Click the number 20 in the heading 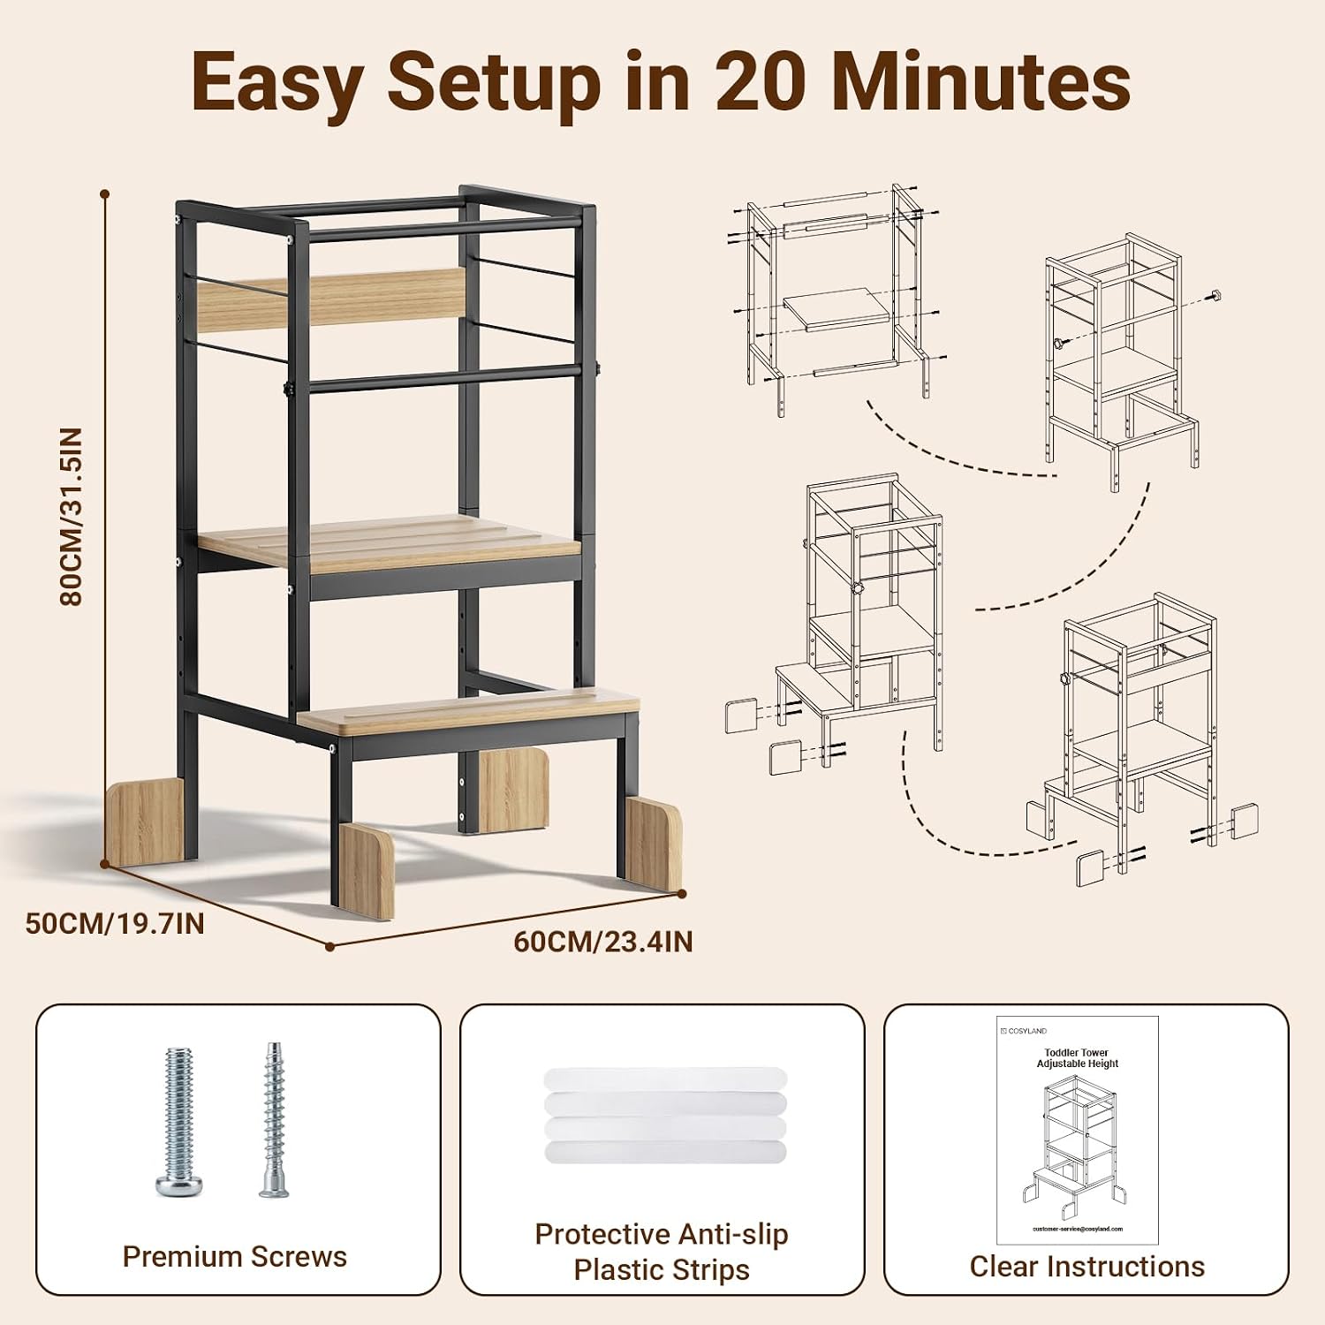tap(761, 82)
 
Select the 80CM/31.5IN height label tap(71, 517)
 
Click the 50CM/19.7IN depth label tap(115, 923)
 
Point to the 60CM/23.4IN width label tap(603, 942)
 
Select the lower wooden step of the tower tap(468, 713)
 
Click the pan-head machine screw tap(178, 1122)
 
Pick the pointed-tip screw tap(274, 1120)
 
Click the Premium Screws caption tap(235, 1256)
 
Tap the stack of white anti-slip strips tap(664, 1116)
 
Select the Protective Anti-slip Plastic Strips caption tap(662, 1252)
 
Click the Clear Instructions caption tap(1087, 1267)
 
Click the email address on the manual tap(1078, 1229)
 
